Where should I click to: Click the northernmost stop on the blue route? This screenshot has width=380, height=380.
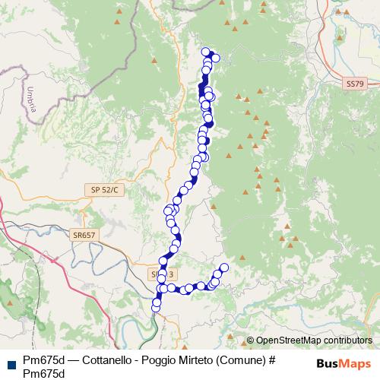[x=204, y=52]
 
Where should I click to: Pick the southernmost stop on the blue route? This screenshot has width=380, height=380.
[x=157, y=307]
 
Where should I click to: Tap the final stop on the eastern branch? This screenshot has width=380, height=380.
[x=223, y=267]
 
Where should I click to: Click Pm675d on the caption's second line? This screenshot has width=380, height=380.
[x=43, y=373]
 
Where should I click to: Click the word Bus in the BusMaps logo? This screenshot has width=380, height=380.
[x=327, y=363]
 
